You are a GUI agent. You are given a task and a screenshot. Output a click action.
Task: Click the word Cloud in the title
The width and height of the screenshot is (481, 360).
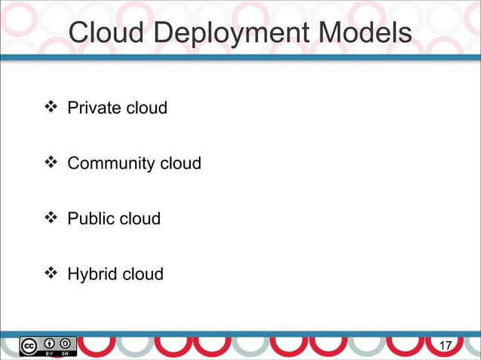coord(103,34)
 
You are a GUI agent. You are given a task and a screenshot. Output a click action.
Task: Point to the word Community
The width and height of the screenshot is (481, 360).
coord(111,163)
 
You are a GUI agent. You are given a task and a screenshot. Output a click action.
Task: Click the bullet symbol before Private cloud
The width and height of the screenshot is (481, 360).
coord(52,108)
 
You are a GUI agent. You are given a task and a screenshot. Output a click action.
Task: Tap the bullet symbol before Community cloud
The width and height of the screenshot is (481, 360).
coord(52,163)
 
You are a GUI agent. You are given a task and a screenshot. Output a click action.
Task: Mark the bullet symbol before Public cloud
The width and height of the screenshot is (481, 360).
coord(52,218)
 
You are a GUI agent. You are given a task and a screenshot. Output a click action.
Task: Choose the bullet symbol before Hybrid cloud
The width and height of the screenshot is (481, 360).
coord(52,273)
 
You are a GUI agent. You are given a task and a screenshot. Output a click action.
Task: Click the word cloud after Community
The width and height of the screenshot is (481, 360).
coord(180,163)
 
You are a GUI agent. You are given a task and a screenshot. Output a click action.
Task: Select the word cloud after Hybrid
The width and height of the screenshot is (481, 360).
coord(142,273)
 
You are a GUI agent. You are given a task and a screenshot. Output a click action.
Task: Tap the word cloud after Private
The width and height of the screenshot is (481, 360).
coord(147,108)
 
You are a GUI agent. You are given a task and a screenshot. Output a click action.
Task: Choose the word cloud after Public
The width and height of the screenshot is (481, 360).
coord(140,218)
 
